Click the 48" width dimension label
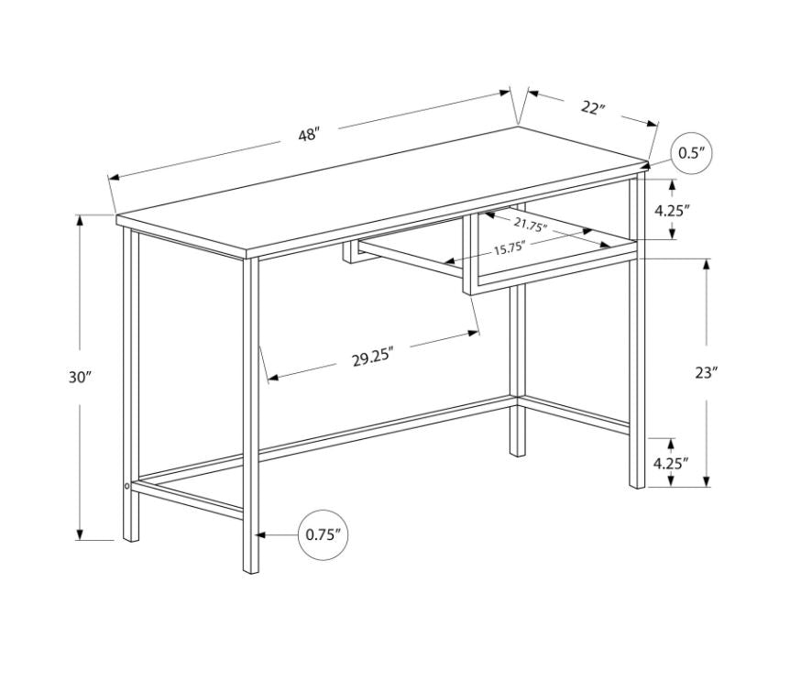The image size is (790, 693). click(309, 135)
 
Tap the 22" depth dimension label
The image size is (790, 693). click(592, 107)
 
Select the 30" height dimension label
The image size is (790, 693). click(79, 377)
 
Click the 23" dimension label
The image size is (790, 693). click(706, 373)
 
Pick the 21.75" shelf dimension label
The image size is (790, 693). click(531, 225)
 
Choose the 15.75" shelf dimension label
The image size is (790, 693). click(510, 248)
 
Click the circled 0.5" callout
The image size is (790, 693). click(691, 153)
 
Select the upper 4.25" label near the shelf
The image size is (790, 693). click(672, 210)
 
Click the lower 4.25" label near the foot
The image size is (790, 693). click(671, 463)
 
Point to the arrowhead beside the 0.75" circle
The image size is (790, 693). click(261, 534)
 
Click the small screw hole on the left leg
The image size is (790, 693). click(126, 486)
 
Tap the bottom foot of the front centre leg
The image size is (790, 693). click(251, 570)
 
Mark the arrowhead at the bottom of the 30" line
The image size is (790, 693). click(79, 534)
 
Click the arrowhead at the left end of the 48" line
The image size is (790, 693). click(114, 177)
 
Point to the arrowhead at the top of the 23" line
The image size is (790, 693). click(707, 264)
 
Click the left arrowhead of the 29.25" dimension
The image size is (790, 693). click(272, 378)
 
